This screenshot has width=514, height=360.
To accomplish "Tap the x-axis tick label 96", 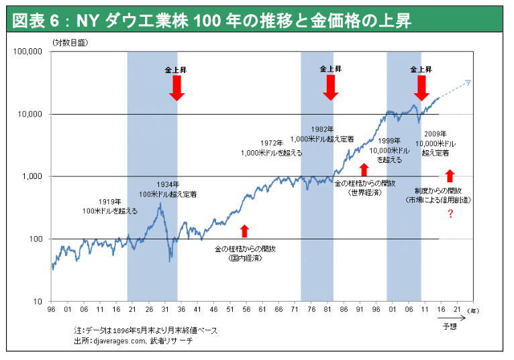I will [52, 310].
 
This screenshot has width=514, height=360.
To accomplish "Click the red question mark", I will [450, 214].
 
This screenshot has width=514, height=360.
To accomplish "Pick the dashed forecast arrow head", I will [468, 82].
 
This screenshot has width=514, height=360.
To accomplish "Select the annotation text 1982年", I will [323, 129].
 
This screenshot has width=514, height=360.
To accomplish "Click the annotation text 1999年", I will [389, 141].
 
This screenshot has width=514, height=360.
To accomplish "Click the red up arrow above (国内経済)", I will [244, 231].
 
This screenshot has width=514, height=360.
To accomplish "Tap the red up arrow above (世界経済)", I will [364, 169].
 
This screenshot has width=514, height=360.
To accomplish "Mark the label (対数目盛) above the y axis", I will [69, 43].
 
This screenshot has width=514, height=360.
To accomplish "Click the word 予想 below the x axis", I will [450, 326].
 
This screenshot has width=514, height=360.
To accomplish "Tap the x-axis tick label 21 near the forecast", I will [458, 310].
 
